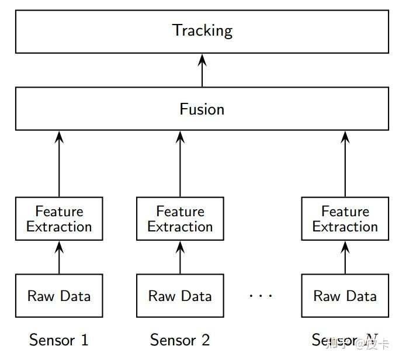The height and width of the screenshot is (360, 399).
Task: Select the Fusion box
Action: [202, 109]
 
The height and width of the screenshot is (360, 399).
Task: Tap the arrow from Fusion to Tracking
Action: [202, 71]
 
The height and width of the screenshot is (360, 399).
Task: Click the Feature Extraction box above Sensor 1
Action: [59, 219]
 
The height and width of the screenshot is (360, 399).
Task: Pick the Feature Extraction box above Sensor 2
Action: [180, 219]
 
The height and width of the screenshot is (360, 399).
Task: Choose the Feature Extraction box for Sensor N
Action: [345, 219]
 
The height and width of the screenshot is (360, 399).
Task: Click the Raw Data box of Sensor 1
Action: [59, 296]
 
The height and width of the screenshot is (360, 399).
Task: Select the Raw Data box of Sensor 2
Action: [180, 296]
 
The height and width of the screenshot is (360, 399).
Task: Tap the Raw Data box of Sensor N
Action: [345, 296]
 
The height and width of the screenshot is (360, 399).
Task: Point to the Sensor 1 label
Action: [59, 340]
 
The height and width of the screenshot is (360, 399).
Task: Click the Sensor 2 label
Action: [180, 340]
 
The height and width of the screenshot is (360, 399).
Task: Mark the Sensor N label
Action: [345, 340]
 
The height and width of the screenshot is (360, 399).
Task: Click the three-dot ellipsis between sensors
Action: [261, 296]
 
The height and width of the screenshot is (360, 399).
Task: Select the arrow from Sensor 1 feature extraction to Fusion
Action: [59, 164]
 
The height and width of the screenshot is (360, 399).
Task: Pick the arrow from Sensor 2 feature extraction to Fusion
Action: [180, 164]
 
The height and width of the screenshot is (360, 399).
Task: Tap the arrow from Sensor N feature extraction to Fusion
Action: [345, 164]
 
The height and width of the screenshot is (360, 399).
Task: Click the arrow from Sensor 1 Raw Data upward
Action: [59, 257]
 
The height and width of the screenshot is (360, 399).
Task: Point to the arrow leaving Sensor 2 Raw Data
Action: [180, 257]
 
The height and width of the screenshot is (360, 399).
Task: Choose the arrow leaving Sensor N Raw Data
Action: [345, 257]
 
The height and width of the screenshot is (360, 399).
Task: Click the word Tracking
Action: [202, 30]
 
